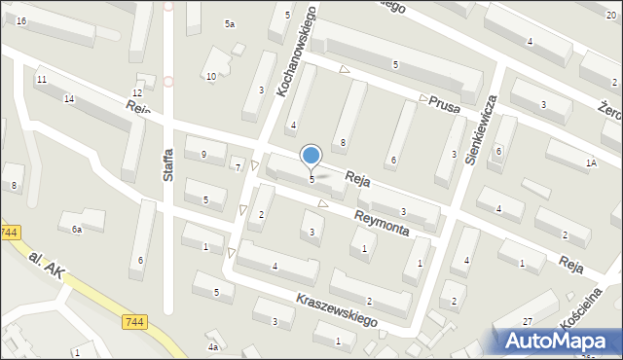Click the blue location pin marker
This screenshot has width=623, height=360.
(x=311, y=157)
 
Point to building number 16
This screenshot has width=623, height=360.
(x=20, y=20)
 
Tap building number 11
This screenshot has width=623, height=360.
(x=41, y=79)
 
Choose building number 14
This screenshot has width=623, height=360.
(x=69, y=99)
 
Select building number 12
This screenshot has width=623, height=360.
(x=136, y=92)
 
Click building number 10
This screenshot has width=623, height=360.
(x=211, y=76)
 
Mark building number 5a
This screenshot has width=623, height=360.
(x=231, y=23)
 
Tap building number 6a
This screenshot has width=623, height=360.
(x=76, y=230)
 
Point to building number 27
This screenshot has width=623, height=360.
(x=527, y=321)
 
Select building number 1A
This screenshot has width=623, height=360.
(x=591, y=163)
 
